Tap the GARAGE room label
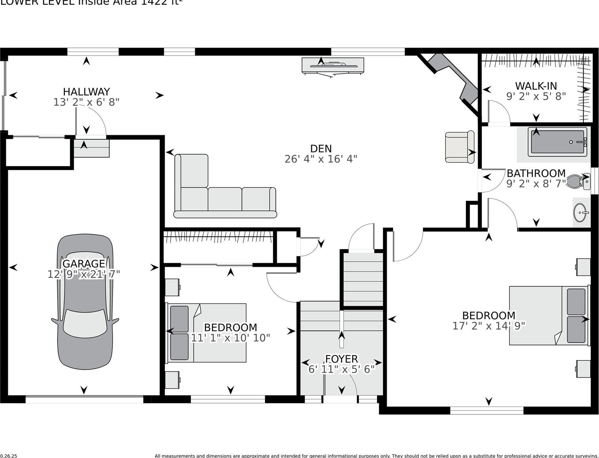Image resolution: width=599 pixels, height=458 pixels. point(84,263)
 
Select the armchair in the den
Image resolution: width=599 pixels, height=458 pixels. point(460,147)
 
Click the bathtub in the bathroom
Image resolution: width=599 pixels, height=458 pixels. point(557,142)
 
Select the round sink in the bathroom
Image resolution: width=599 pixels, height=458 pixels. point(580,212)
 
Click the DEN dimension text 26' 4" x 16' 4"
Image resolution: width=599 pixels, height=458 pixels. point(321,159)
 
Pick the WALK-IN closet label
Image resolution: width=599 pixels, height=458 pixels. point(536,86)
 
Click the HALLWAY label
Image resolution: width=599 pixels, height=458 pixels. point(86,92)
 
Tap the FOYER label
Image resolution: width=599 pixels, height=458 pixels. point(341,359)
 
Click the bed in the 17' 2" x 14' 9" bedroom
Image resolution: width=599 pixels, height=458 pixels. point(549,316)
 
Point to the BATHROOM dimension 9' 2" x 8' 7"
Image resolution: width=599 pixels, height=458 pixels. point(536,184)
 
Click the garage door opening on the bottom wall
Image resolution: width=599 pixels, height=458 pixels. point(84,399)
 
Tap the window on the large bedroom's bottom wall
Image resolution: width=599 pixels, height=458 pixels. point(487,410)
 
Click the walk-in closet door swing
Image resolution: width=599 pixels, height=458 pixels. point(498,112)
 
